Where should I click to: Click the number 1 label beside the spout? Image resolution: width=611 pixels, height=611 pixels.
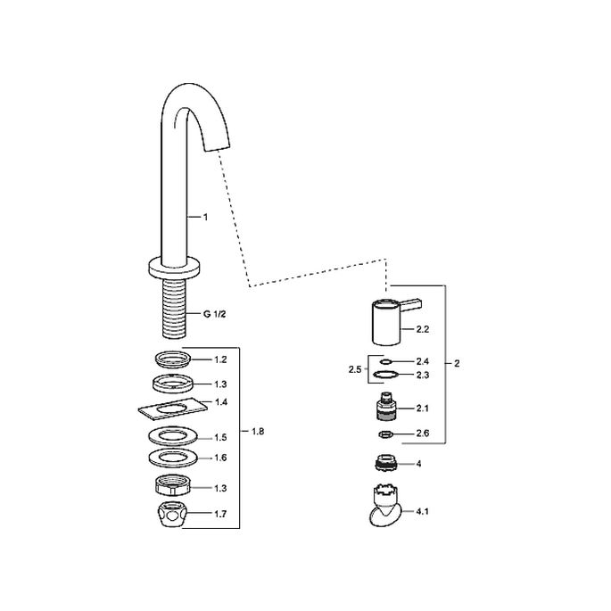(x=205, y=217)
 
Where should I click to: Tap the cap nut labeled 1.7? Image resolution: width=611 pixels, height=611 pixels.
(x=172, y=515)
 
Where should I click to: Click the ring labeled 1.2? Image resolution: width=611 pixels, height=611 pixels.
(x=172, y=359)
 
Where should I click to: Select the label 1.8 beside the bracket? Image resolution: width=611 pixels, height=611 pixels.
(x=259, y=432)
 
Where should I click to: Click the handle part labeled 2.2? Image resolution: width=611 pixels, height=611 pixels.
(x=384, y=325)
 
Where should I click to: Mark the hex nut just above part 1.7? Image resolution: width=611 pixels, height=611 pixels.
(x=172, y=487)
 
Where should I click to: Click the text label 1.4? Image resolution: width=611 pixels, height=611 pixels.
(x=220, y=403)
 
